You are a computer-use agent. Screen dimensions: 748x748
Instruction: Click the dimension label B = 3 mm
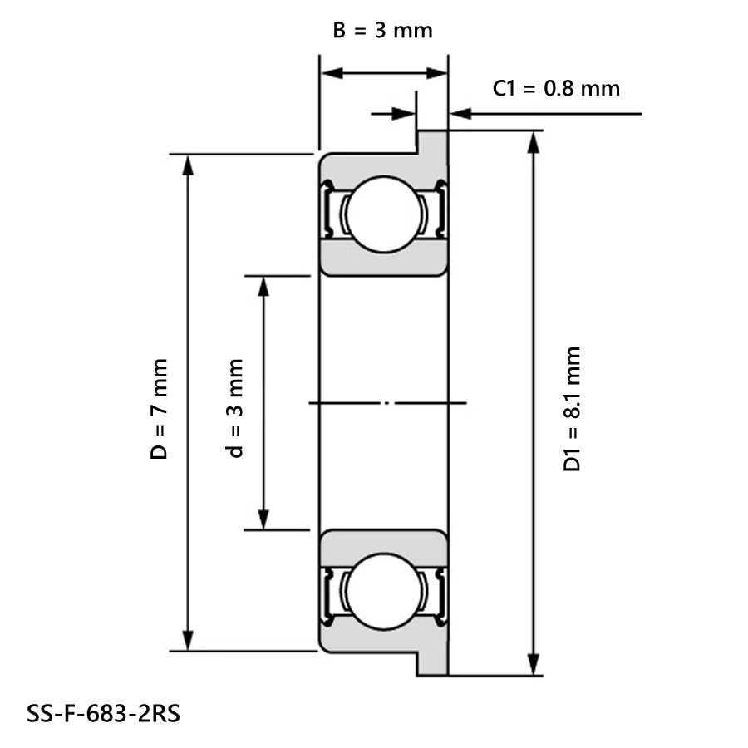click(x=383, y=31)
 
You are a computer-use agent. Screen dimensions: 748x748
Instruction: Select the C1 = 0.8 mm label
click(x=556, y=87)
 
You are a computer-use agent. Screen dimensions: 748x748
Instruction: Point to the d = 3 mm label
click(x=236, y=409)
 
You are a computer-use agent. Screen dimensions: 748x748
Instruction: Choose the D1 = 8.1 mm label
click(x=571, y=409)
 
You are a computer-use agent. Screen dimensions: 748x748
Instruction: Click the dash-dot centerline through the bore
click(x=386, y=404)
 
